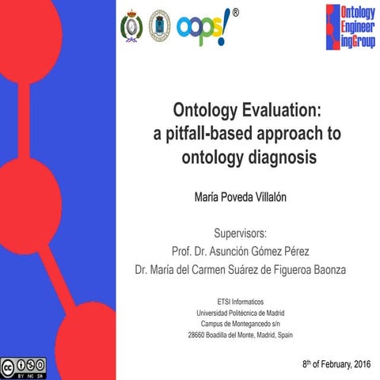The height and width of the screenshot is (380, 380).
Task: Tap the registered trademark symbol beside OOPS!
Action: (235, 13)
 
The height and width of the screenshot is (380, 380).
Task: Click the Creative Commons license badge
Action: (24, 365)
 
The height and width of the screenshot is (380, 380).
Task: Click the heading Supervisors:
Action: (241, 234)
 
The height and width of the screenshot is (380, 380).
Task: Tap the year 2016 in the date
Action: (358, 363)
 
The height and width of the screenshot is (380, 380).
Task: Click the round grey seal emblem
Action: (160, 25)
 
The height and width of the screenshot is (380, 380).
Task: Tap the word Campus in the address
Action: (214, 325)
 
